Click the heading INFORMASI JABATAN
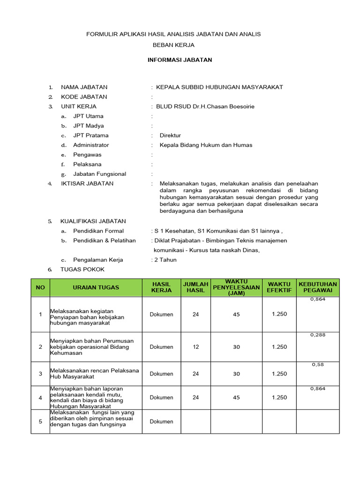tap(180, 60)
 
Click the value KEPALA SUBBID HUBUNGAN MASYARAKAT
tap(219, 87)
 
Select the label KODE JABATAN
tap(84, 97)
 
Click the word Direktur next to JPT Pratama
tap(170, 135)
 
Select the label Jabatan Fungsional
tap(99, 174)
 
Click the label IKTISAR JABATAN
tap(87, 183)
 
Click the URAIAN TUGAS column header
tap(96, 287)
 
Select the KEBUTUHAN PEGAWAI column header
tap(318, 287)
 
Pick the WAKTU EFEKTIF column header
tap(279, 287)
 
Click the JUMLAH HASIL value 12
tap(196, 347)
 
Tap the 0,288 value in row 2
tap(318, 335)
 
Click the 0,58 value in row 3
tap(318, 364)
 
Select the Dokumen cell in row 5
tap(161, 421)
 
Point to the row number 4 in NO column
tap(40, 397)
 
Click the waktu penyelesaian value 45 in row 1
tap(236, 315)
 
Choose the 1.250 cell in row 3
tap(279, 374)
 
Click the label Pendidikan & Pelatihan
tap(105, 240)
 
